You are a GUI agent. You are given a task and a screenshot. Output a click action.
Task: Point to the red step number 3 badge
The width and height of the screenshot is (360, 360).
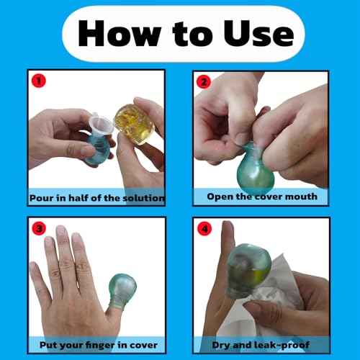click(39, 227)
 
